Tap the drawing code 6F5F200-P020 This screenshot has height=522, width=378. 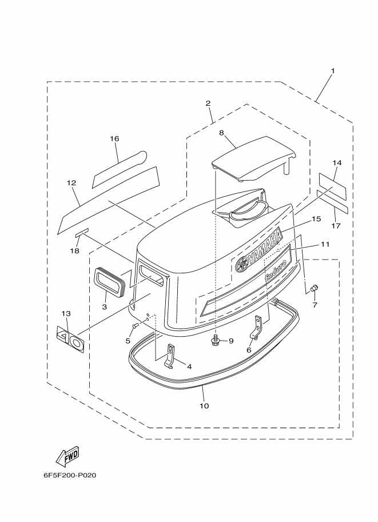(70, 475)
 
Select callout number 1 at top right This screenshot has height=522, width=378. (332, 71)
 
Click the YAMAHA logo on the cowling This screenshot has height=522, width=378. (259, 250)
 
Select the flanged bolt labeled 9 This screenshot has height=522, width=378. (216, 341)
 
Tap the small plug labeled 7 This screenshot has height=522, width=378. (314, 288)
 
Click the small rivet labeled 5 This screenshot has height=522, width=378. (135, 326)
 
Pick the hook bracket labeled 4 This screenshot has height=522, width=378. (170, 356)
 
